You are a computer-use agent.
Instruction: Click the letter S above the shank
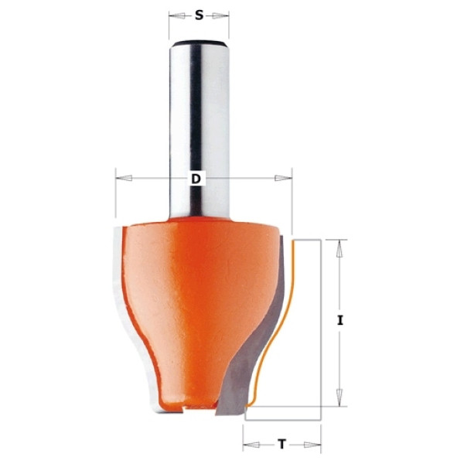click(200, 15)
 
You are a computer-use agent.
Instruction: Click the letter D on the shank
click(196, 179)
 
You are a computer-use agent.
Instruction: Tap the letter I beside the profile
click(340, 320)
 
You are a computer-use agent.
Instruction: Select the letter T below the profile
click(282, 444)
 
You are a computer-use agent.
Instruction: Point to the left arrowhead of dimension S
click(176, 15)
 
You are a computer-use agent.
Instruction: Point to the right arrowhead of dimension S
click(220, 15)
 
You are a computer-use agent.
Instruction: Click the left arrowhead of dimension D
click(124, 178)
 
